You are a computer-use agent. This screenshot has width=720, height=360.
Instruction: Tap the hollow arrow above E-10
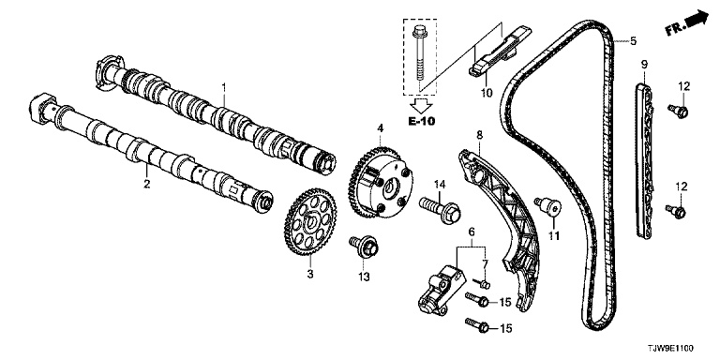pos(421,105)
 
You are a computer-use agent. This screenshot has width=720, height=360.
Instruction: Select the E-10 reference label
pos(421,121)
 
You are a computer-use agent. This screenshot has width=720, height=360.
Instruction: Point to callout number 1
pos(224,86)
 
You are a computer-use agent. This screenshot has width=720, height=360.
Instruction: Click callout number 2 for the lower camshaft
pos(146,184)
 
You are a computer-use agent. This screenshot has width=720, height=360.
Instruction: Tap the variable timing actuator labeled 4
pos(381,181)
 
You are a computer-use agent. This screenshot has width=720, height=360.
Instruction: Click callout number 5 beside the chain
pos(633,41)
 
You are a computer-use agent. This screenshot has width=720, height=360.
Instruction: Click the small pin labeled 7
pos(482,283)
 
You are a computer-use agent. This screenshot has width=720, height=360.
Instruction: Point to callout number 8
pos(479,135)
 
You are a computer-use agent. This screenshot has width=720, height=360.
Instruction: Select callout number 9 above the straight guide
pos(644,64)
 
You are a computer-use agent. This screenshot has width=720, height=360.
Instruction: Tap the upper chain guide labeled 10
pos(500,51)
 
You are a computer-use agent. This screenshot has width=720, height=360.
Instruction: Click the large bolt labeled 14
pos(439,209)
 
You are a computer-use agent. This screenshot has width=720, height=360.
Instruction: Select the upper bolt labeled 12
pos(678,111)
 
